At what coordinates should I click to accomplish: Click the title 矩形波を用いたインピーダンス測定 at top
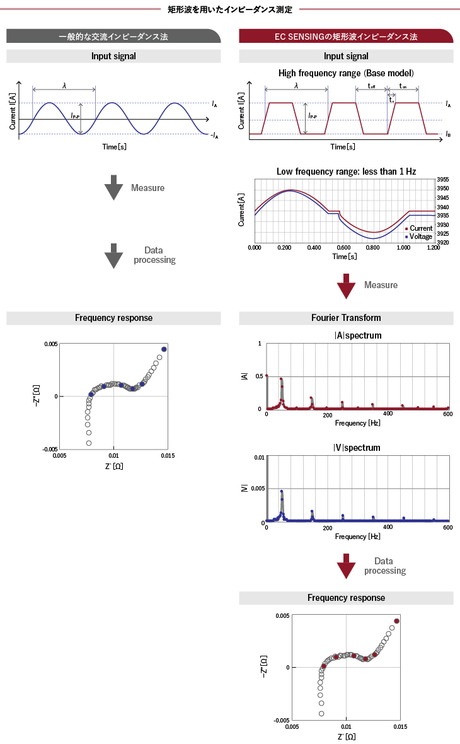click(230, 9)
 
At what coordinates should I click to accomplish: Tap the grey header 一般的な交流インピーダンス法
click(113, 37)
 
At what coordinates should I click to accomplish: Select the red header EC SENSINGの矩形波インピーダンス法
click(346, 37)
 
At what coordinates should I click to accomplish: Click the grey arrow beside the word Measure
click(113, 188)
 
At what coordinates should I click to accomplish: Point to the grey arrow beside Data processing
click(113, 255)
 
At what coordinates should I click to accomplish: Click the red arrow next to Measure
click(347, 286)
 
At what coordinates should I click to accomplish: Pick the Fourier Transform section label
click(346, 318)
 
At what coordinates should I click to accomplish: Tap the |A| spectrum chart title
click(358, 335)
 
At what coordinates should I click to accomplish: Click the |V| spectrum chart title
click(358, 448)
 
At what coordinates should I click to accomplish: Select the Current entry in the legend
click(420, 228)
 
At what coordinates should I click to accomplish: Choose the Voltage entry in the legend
click(420, 236)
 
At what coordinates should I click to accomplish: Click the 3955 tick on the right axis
click(443, 180)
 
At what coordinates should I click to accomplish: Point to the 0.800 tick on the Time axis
click(374, 248)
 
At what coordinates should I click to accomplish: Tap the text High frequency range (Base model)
click(346, 73)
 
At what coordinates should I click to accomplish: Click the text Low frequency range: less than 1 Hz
click(346, 171)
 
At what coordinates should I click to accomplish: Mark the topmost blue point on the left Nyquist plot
click(164, 349)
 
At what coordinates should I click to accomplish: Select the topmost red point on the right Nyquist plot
click(397, 621)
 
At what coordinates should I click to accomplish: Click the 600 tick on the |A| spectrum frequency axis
click(447, 414)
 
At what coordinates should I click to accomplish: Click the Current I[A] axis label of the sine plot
click(13, 111)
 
